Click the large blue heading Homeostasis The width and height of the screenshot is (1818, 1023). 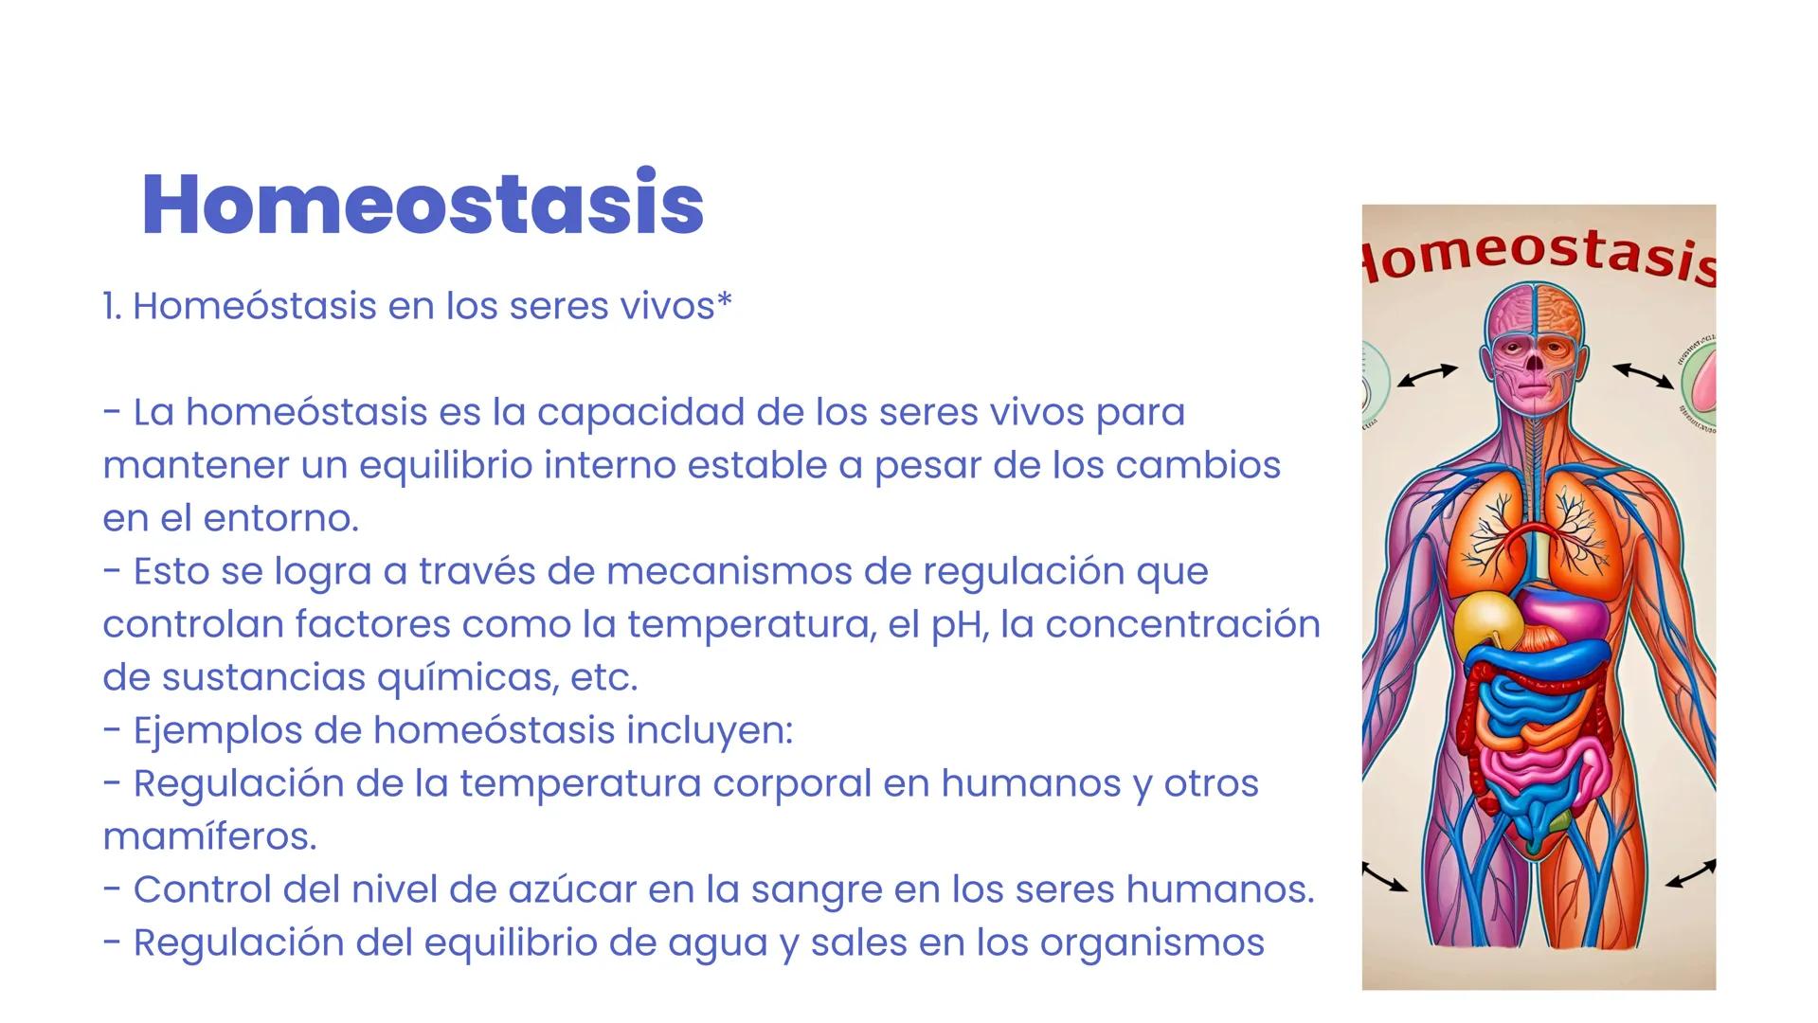tap(423, 204)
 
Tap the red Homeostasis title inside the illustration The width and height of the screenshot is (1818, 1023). tap(1539, 256)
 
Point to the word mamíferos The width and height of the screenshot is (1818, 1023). tap(209, 837)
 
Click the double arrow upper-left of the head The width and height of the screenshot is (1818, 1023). tap(1428, 375)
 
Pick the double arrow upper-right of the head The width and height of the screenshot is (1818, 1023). tap(1643, 375)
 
